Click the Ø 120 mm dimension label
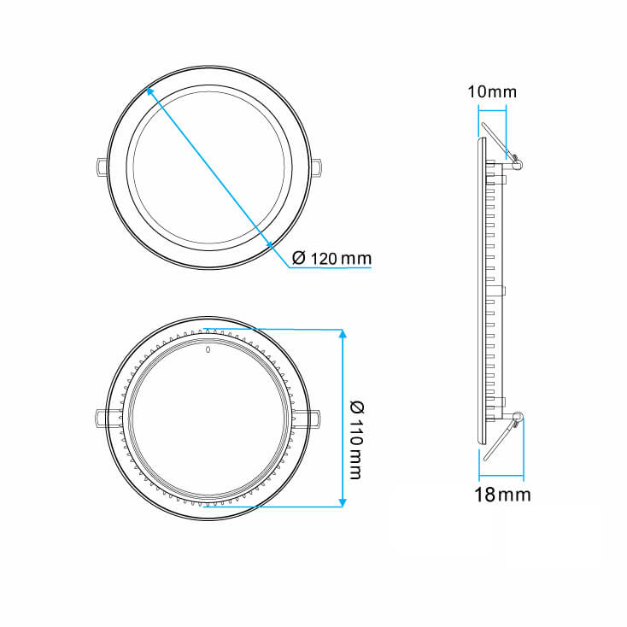331,258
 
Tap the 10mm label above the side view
492,91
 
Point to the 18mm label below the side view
502,495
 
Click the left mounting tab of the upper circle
101,165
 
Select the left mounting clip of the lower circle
103,417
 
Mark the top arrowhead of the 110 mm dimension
343,334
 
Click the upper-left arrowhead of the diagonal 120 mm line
150,89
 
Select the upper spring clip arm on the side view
497,138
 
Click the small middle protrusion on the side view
505,290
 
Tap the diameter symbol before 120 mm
298,258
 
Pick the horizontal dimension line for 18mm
501,477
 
